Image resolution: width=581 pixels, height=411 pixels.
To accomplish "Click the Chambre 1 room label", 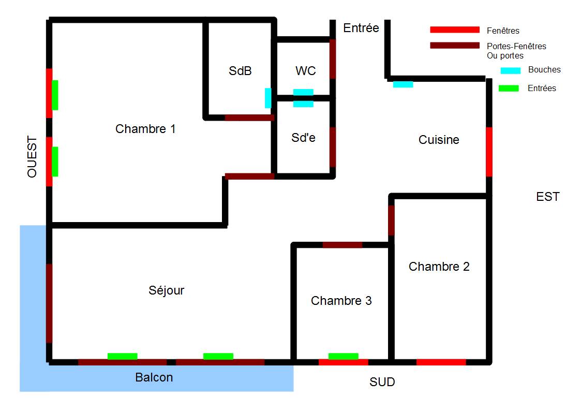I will pos(145,129).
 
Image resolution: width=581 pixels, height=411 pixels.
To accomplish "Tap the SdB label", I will pos(240,71).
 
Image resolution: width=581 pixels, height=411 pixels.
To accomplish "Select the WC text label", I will pos(305,71).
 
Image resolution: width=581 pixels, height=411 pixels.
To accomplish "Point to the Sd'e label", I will pos(303,138).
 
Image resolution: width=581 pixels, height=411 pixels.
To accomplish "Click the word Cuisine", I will pos(439,140).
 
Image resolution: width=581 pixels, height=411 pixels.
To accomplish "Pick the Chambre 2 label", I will pos(439,267).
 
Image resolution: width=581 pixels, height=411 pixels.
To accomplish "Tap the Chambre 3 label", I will pos(341,301).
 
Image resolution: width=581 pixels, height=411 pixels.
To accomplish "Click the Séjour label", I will pos(166,290).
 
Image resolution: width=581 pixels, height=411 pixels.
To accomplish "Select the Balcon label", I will pos(154,377).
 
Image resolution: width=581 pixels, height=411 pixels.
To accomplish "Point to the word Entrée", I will pos(361,28).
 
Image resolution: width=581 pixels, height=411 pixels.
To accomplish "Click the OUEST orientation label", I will pos(33,157).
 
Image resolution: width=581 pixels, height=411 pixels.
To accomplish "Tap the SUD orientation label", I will pos(382,383).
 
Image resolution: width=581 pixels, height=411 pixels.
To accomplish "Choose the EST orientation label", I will pos(548,197).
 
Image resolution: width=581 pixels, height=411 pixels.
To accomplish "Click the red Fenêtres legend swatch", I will pos(455,30).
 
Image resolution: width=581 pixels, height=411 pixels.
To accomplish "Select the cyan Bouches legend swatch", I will pos(510,70).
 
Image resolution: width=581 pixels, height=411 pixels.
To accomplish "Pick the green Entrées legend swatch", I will pos(508,89).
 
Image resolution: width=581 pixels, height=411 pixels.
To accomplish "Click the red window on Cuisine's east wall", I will pos(489,152).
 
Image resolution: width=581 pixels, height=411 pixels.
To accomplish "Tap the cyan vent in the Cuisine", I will pos(403,84).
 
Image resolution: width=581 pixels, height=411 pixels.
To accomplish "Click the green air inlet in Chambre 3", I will pos(343,356).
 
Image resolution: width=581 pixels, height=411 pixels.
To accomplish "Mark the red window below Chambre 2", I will pos(441,362).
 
